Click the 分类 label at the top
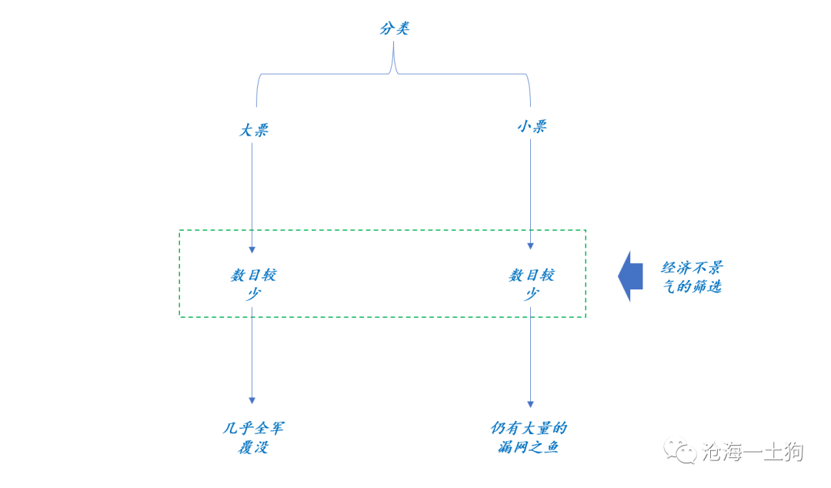tap(395, 28)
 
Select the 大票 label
tap(254, 130)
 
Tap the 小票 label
tap(532, 126)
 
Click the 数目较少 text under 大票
tap(253, 284)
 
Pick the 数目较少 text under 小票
tap(532, 284)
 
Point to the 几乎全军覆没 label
tap(253, 438)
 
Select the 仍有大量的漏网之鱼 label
tap(529, 438)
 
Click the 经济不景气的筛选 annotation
tap(692, 277)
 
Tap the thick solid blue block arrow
tap(631, 276)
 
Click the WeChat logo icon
tap(680, 450)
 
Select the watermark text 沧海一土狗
tap(753, 452)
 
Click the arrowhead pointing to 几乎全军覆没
tap(252, 400)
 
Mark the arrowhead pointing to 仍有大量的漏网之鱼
tap(530, 403)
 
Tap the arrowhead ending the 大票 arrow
tap(252, 249)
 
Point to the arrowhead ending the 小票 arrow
tap(530, 246)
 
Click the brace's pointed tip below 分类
tap(393, 42)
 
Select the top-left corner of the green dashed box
tap(179, 230)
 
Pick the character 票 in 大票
tap(262, 130)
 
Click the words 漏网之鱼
tap(529, 447)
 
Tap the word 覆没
tap(253, 447)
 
